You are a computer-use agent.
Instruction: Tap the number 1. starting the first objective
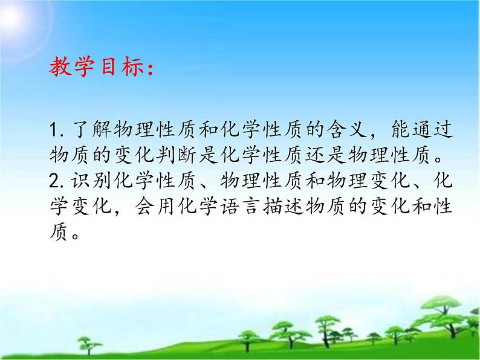[58, 129]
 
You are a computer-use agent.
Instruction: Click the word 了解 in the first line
[89, 129]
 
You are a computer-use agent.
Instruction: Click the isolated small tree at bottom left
[89, 344]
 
